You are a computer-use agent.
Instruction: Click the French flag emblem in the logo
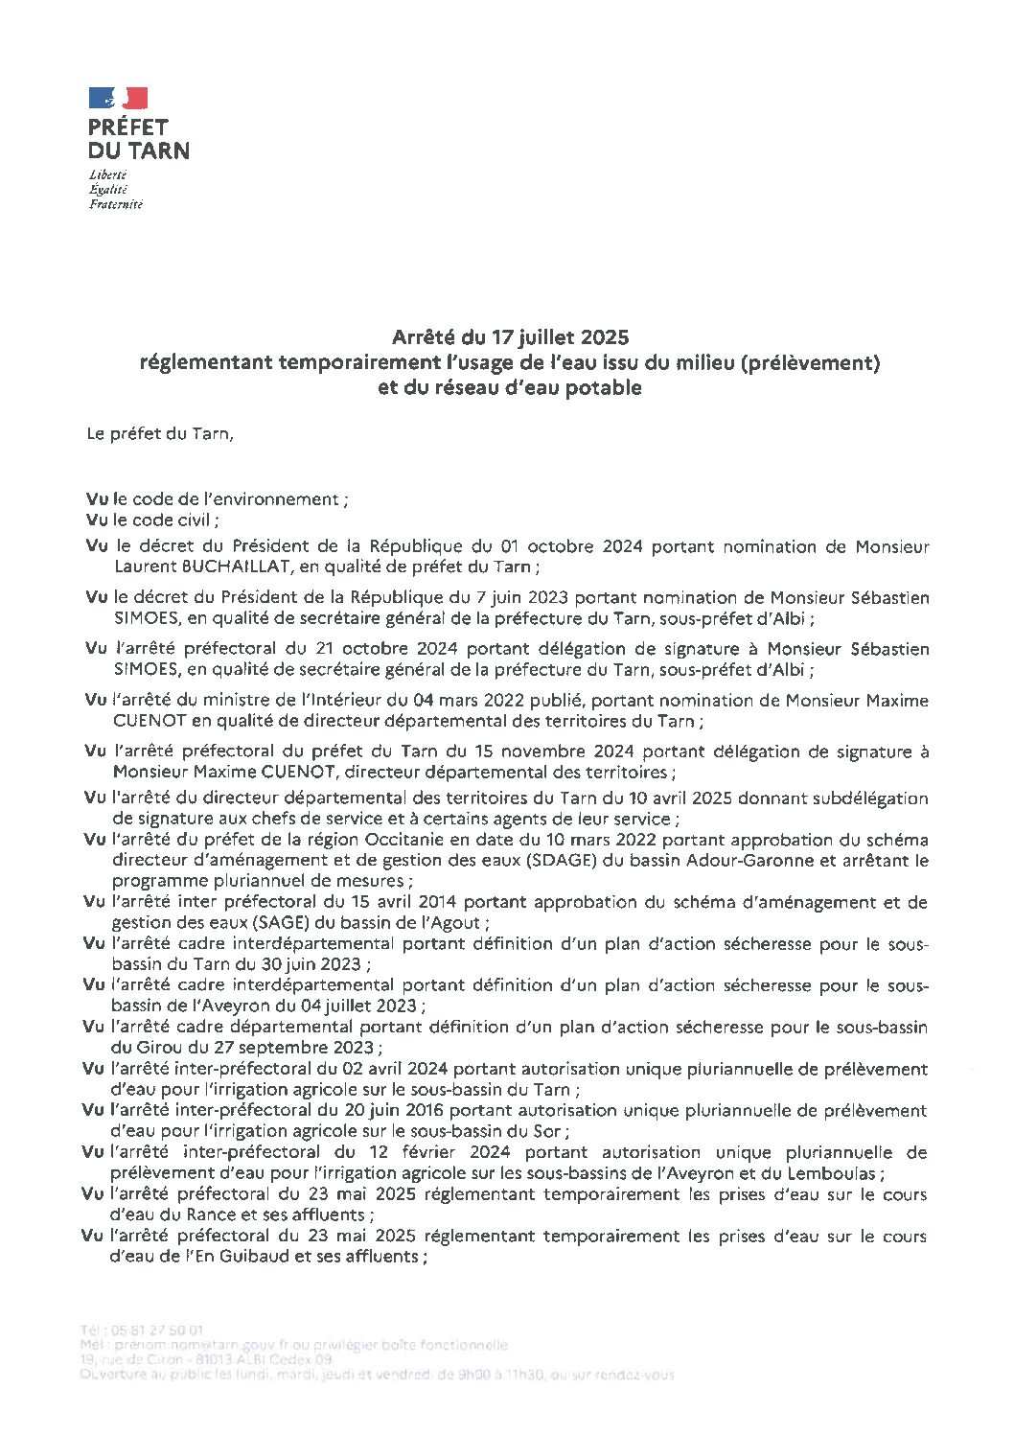coord(119,98)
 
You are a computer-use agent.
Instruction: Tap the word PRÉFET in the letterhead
coord(127,127)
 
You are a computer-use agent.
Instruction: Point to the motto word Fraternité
coord(115,204)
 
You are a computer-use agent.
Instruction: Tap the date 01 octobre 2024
coord(569,547)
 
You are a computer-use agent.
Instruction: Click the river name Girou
coord(134,1048)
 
